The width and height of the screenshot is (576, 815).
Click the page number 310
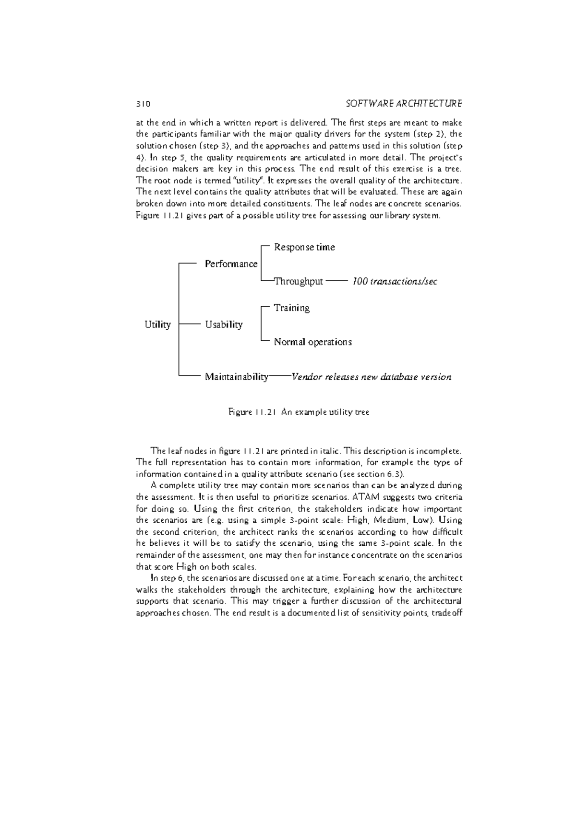click(143, 104)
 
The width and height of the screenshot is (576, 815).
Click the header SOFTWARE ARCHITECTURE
click(404, 104)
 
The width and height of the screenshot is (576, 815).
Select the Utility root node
click(157, 325)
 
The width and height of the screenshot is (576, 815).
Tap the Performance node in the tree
click(231, 264)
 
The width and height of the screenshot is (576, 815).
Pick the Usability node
click(224, 325)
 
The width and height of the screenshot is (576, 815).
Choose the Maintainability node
click(236, 377)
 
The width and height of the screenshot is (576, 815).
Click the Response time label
click(304, 247)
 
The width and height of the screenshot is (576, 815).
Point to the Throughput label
click(298, 281)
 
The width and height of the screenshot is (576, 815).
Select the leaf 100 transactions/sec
click(395, 281)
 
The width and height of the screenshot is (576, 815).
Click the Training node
click(291, 308)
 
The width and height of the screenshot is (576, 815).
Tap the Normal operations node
click(312, 342)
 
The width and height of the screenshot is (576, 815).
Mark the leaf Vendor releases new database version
click(371, 377)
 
